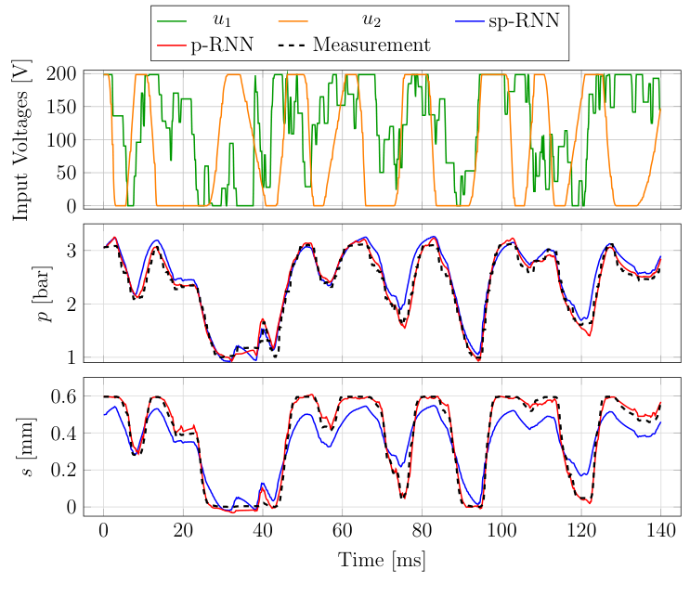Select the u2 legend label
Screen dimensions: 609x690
(375, 19)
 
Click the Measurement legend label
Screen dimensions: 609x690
(371, 45)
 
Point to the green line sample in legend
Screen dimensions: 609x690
(172, 19)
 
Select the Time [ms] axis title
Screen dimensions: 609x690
(382, 561)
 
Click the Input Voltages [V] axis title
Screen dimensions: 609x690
(21, 140)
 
